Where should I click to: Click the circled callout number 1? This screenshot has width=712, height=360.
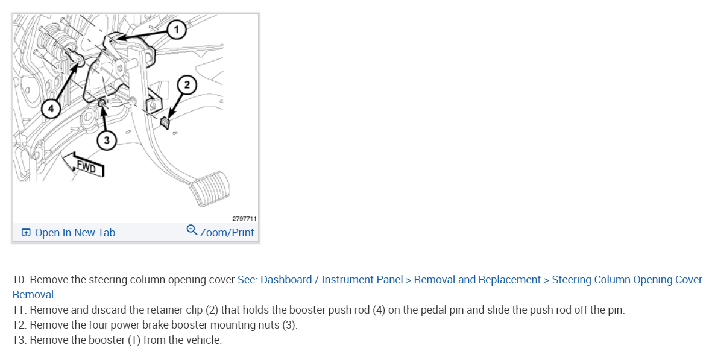click(176, 29)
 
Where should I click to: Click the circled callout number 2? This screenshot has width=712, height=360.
click(187, 85)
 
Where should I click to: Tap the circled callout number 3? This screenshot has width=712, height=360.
click(107, 141)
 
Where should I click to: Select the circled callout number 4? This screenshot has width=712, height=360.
click(51, 109)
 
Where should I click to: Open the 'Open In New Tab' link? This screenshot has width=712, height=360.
click(75, 233)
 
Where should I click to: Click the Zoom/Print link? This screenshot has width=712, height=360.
click(227, 233)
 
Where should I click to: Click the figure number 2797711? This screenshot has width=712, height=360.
click(244, 219)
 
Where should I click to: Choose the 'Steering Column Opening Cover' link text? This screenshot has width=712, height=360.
click(626, 280)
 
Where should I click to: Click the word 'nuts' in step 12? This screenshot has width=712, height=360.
click(267, 325)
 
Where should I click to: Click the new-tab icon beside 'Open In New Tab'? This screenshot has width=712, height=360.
click(26, 233)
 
